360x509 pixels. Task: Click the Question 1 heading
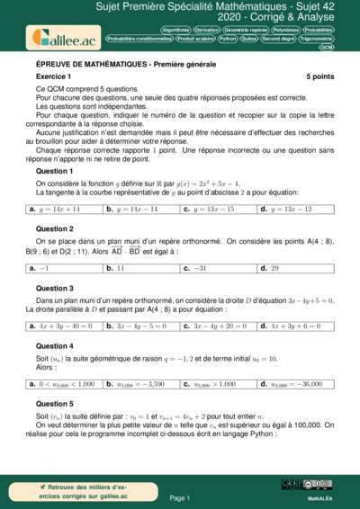[x=54, y=171]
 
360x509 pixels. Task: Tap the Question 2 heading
[x=54, y=228]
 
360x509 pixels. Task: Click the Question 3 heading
[x=54, y=288]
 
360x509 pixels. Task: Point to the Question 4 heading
[x=54, y=346]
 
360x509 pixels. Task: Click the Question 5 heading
[x=54, y=404]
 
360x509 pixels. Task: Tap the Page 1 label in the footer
[x=180, y=497]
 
